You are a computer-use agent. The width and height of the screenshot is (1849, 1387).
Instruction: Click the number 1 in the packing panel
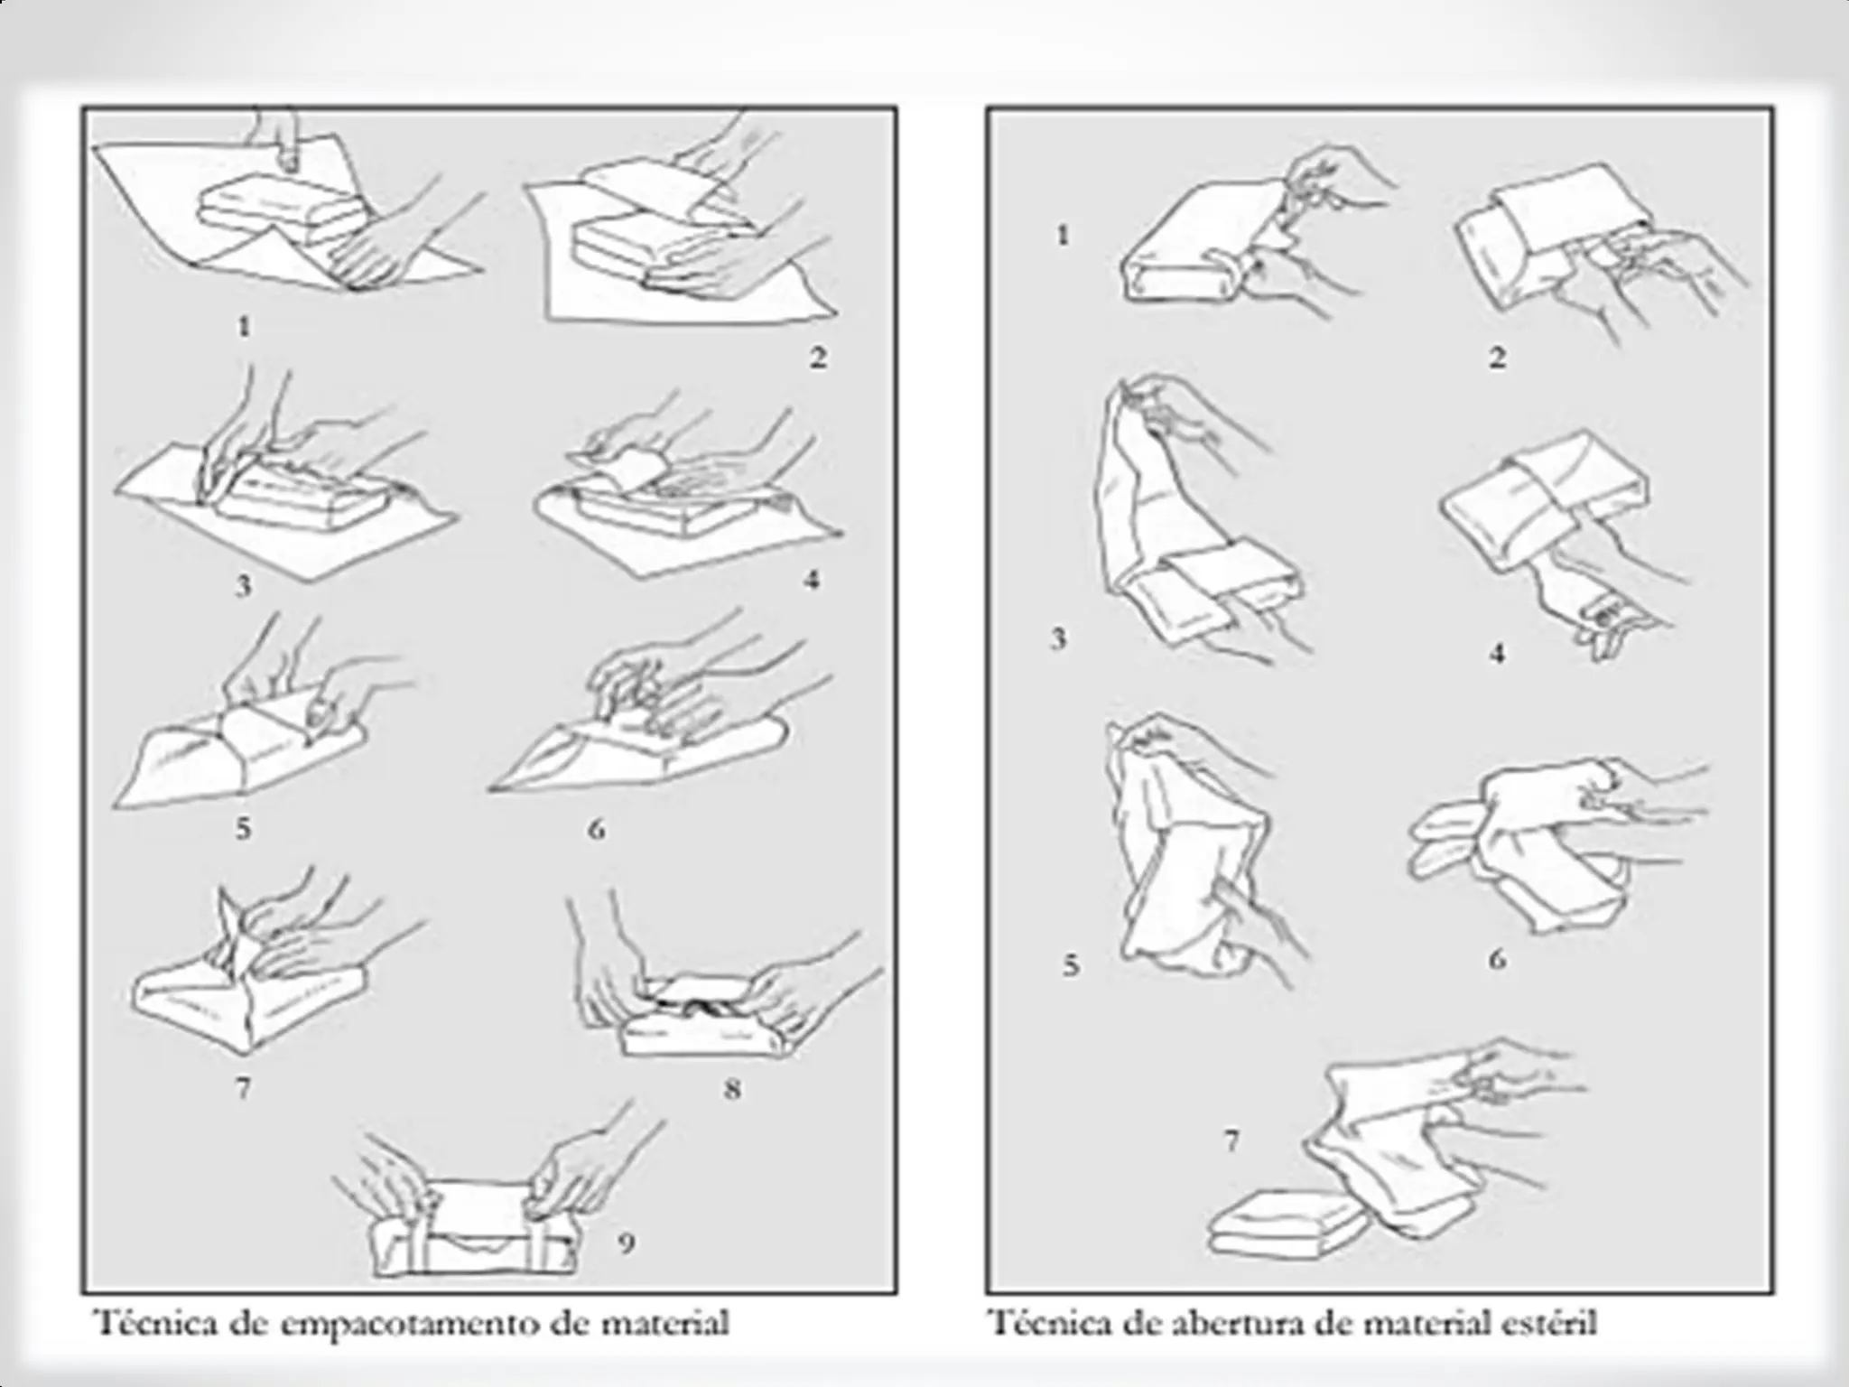[244, 326]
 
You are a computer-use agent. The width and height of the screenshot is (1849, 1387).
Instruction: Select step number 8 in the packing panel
[733, 1089]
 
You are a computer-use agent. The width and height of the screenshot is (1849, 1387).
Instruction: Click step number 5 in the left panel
[243, 828]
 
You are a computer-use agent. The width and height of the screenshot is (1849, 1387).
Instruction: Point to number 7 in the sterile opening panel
[1231, 1141]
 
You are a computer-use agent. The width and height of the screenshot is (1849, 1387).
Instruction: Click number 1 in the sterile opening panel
[1063, 236]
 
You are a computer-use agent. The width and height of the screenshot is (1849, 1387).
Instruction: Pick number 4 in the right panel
[1497, 653]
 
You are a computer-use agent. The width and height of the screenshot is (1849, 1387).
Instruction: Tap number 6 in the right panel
[1497, 958]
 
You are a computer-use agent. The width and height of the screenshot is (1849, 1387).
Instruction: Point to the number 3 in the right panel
[1059, 639]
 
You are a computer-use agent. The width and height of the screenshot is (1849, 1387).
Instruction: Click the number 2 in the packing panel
[817, 358]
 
